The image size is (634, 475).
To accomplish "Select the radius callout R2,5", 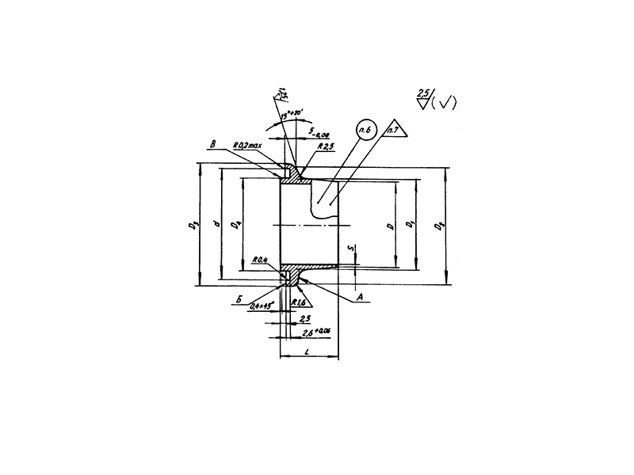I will (324, 147).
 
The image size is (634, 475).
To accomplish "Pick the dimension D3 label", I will (192, 226).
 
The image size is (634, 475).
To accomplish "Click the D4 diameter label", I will (235, 226).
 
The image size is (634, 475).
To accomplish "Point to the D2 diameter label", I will (440, 226).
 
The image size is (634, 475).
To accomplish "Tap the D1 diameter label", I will (410, 226).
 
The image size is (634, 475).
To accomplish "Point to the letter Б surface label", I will (238, 301).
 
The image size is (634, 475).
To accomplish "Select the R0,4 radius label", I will (259, 260).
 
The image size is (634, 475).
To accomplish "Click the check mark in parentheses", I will (442, 103).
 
